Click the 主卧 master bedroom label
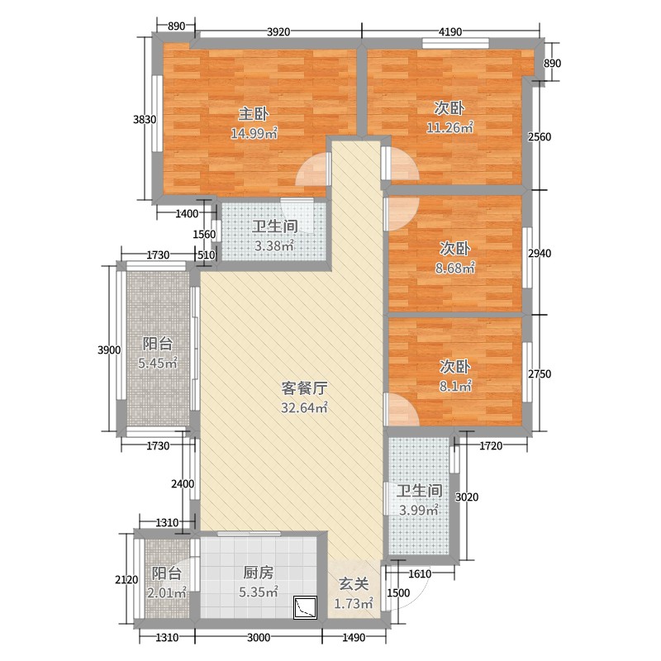[x=254, y=114]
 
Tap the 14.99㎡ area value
[x=254, y=134]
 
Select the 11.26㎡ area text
[x=449, y=127]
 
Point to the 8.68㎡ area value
[x=456, y=268]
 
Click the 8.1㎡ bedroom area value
[x=454, y=386]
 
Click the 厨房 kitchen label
[x=258, y=573]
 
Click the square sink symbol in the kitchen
[x=305, y=608]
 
